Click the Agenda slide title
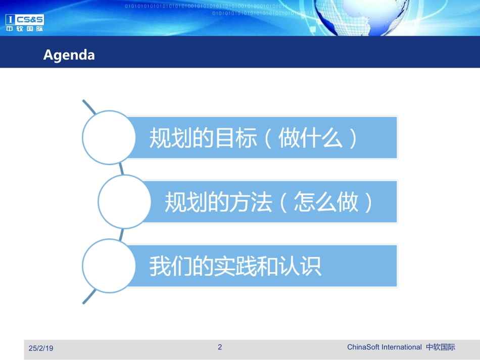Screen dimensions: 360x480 click(x=69, y=55)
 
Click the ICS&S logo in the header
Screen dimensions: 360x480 click(x=25, y=19)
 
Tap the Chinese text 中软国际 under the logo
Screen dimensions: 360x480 click(x=25, y=29)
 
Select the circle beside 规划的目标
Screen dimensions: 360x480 click(x=109, y=137)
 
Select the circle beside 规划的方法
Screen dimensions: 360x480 click(x=124, y=202)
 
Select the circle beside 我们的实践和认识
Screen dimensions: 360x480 click(x=109, y=266)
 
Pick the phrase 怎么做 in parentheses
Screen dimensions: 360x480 click(x=326, y=202)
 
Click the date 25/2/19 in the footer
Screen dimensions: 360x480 click(x=41, y=348)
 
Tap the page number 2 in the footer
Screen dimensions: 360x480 click(x=220, y=347)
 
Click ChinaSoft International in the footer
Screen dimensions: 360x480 click(x=384, y=347)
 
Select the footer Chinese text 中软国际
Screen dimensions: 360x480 click(x=440, y=347)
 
